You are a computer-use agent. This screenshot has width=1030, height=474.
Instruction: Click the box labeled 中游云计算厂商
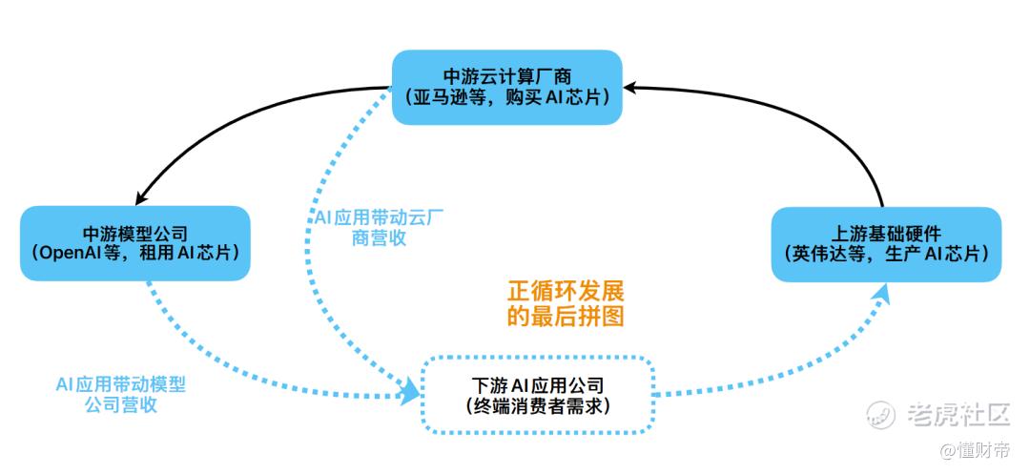[x=506, y=86]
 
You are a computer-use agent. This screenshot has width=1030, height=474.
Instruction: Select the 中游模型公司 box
[x=134, y=243]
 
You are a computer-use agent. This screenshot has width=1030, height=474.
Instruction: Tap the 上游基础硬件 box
[x=886, y=243]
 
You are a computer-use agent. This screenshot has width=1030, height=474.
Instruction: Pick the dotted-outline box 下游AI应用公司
[x=538, y=395]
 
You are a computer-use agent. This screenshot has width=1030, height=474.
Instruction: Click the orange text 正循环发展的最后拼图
[x=566, y=302]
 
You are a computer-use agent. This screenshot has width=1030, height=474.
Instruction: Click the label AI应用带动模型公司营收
[x=120, y=394]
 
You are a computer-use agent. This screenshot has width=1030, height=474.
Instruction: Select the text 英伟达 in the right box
[x=814, y=254]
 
